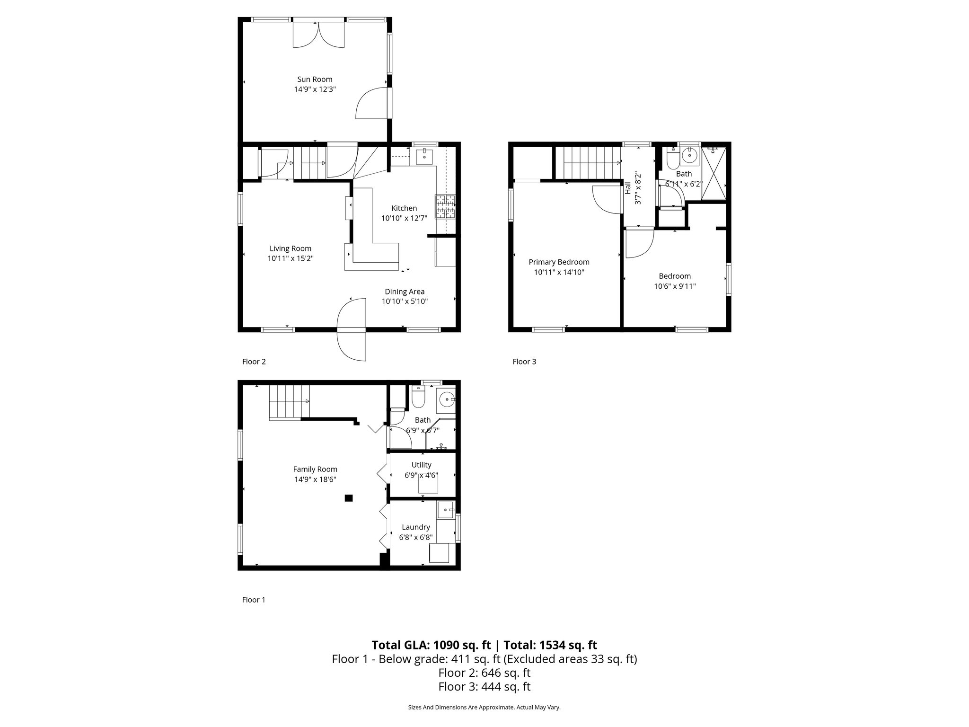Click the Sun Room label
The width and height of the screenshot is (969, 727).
pyautogui.click(x=315, y=80)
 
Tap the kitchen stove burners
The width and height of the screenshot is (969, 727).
pyautogui.click(x=445, y=207)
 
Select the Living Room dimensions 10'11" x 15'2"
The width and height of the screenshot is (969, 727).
pyautogui.click(x=291, y=258)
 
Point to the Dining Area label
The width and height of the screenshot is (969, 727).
pyautogui.click(x=405, y=292)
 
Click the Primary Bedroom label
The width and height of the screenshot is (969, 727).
pyautogui.click(x=559, y=262)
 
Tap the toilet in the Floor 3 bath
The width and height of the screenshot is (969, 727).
pyautogui.click(x=671, y=160)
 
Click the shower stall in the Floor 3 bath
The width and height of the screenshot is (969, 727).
pyautogui.click(x=714, y=173)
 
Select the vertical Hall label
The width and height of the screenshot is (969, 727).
pyautogui.click(x=628, y=188)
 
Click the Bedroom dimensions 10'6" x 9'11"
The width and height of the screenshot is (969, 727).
pyautogui.click(x=675, y=286)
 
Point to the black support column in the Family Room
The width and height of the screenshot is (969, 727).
pyautogui.click(x=349, y=497)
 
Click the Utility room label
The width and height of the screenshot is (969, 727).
pyautogui.click(x=421, y=465)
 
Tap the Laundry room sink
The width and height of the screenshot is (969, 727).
pyautogui.click(x=445, y=510)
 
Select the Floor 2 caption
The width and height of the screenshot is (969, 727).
pyautogui.click(x=254, y=362)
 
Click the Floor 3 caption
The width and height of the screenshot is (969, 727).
pyautogui.click(x=524, y=362)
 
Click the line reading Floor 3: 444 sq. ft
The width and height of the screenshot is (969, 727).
pyautogui.click(x=484, y=686)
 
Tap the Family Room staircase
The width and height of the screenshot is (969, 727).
pyautogui.click(x=289, y=402)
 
